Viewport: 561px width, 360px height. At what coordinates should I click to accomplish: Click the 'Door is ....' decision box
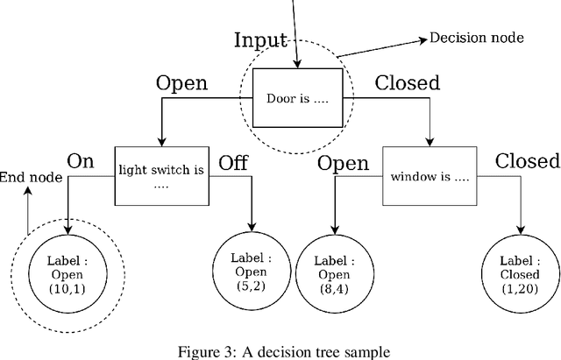297,97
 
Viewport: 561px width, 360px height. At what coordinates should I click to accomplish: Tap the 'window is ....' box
430,177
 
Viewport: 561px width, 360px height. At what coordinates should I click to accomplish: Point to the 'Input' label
260,41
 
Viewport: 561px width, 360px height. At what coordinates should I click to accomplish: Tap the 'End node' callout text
31,178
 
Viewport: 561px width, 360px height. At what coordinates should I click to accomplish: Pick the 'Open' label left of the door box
181,83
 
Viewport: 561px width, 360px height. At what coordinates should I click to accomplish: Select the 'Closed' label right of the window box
527,161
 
